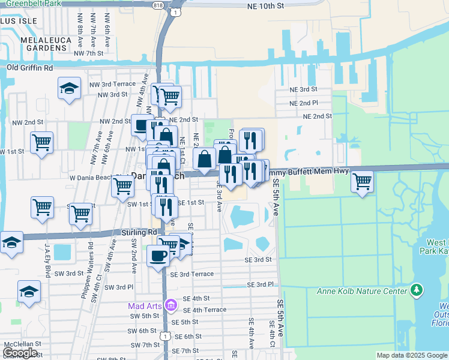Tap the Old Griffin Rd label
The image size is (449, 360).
point(29,68)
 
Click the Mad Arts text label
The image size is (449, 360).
point(144,306)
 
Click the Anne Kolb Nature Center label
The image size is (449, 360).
point(362,292)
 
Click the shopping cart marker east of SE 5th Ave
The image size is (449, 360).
point(363,181)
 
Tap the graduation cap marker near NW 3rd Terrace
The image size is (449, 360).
point(70,88)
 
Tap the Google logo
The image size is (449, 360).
point(20,353)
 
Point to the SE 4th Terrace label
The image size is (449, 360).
point(205,310)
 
